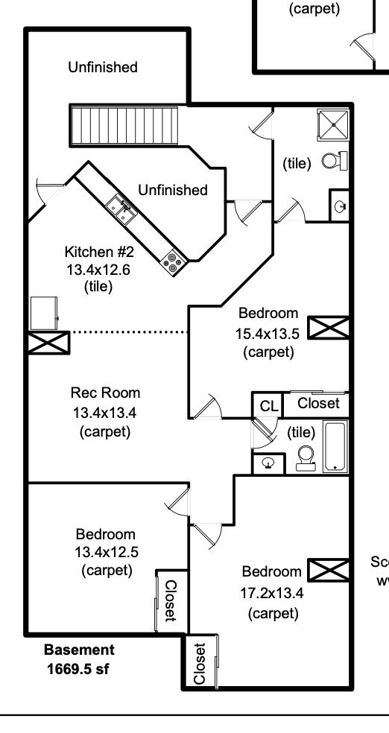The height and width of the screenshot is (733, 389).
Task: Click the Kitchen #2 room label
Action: point(99,252)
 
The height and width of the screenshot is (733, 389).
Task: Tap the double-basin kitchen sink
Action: point(121,210)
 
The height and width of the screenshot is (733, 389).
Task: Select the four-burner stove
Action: point(173,262)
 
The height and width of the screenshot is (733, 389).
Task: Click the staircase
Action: point(124,126)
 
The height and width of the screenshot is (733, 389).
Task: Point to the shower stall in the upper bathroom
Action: point(333,125)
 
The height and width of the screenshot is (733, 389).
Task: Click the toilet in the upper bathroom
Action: point(335,161)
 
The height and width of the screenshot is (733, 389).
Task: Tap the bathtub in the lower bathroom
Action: point(335,446)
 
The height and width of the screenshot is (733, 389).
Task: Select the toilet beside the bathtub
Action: point(306,458)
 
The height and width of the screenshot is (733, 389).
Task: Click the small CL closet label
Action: point(268,406)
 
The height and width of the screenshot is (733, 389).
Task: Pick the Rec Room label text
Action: point(105,393)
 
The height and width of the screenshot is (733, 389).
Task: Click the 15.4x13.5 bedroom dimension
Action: point(268,333)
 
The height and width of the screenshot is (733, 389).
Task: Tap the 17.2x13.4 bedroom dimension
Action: point(272,593)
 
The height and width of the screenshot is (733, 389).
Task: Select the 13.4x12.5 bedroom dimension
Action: point(107,552)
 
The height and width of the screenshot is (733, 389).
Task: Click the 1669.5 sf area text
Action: point(78,669)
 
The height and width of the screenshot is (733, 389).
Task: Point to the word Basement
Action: point(79,650)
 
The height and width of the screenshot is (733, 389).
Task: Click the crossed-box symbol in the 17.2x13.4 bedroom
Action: point(329,571)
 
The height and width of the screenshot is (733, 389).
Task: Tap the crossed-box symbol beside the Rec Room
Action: point(49,343)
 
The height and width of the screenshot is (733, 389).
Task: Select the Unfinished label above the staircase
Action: point(103,67)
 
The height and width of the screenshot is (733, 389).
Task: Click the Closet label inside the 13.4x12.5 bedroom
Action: point(171,600)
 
